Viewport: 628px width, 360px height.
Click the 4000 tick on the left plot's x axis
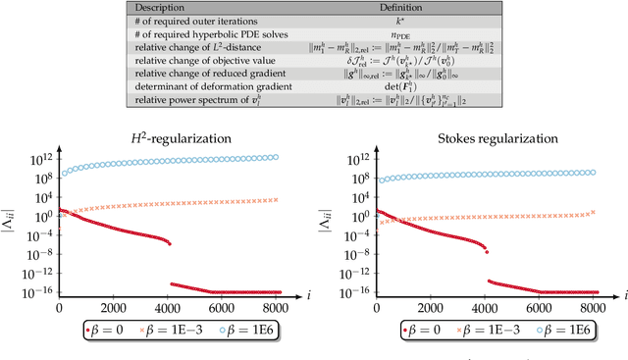pyautogui.click(x=170, y=307)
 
